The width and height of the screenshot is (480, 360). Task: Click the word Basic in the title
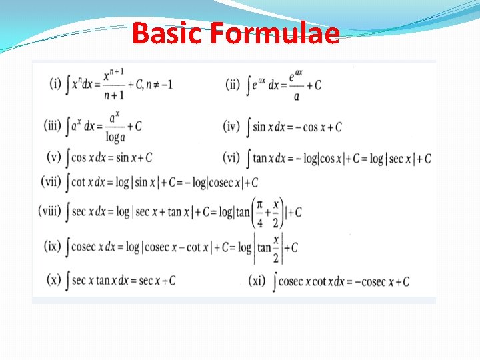pyautogui.click(x=167, y=33)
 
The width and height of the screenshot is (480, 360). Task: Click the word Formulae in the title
pyautogui.click(x=274, y=33)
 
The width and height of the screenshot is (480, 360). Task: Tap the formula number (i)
pyautogui.click(x=55, y=85)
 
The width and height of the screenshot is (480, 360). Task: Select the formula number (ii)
pyautogui.click(x=233, y=85)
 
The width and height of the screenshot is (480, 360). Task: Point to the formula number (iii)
pyautogui.click(x=54, y=125)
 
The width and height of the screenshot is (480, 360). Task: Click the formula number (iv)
pyautogui.click(x=231, y=125)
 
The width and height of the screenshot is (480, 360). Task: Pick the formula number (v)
pyautogui.click(x=54, y=157)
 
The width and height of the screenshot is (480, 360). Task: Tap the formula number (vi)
pyautogui.click(x=231, y=157)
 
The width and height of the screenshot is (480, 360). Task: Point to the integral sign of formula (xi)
pyautogui.click(x=274, y=281)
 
